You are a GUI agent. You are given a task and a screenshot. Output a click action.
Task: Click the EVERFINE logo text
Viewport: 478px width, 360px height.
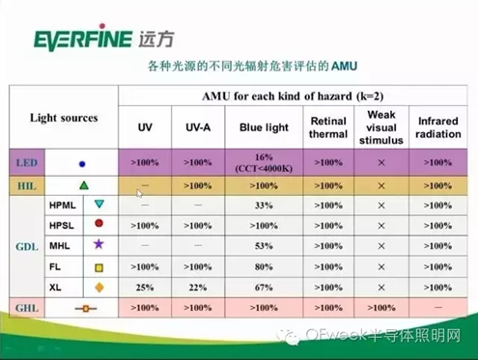(x=83, y=38)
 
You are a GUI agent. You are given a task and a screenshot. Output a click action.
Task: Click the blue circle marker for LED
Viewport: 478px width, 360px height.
(x=82, y=164)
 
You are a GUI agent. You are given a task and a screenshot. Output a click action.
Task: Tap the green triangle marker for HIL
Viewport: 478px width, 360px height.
(x=84, y=185)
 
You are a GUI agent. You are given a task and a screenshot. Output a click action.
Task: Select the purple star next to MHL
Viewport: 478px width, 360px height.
(x=98, y=244)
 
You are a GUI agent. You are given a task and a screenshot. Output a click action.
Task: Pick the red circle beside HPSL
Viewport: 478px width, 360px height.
(x=99, y=223)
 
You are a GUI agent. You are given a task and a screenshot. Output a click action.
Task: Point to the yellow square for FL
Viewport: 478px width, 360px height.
(x=99, y=267)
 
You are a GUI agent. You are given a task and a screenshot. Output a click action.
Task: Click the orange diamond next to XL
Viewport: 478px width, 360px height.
(x=99, y=288)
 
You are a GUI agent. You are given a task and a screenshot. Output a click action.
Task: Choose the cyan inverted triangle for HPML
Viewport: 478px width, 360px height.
(x=99, y=204)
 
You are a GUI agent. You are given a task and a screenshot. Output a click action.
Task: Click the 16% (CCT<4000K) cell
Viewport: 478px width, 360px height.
(x=264, y=162)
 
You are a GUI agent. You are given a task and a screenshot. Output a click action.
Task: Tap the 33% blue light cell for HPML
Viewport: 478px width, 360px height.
(x=264, y=206)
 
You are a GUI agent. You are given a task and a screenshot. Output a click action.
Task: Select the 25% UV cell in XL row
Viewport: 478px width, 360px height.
(x=145, y=288)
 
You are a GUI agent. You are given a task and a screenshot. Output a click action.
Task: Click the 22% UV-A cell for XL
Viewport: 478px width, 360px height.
(x=198, y=288)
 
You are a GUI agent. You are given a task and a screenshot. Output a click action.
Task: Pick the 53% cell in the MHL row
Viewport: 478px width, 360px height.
(x=264, y=246)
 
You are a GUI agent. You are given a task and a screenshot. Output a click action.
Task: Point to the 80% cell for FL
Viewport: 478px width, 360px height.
(x=264, y=266)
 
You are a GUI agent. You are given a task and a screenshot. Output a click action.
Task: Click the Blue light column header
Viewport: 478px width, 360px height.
(x=264, y=127)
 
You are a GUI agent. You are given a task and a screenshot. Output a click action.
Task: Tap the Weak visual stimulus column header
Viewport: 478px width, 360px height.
(x=381, y=127)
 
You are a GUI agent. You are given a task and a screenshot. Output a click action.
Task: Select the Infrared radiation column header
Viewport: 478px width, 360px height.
(x=438, y=127)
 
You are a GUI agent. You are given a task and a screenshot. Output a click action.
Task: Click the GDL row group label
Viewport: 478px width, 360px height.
(x=27, y=247)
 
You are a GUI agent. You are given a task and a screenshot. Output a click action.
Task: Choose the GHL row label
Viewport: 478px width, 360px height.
(x=27, y=308)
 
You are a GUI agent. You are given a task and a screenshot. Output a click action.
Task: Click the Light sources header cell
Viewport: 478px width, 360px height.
(x=64, y=118)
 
